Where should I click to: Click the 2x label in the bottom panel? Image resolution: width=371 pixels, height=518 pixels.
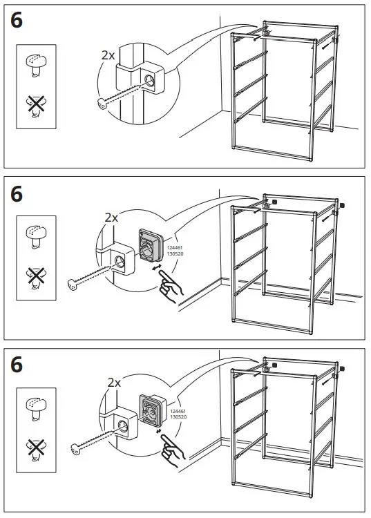(x=114, y=382)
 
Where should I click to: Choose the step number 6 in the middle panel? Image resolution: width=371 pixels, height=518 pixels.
(x=17, y=194)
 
